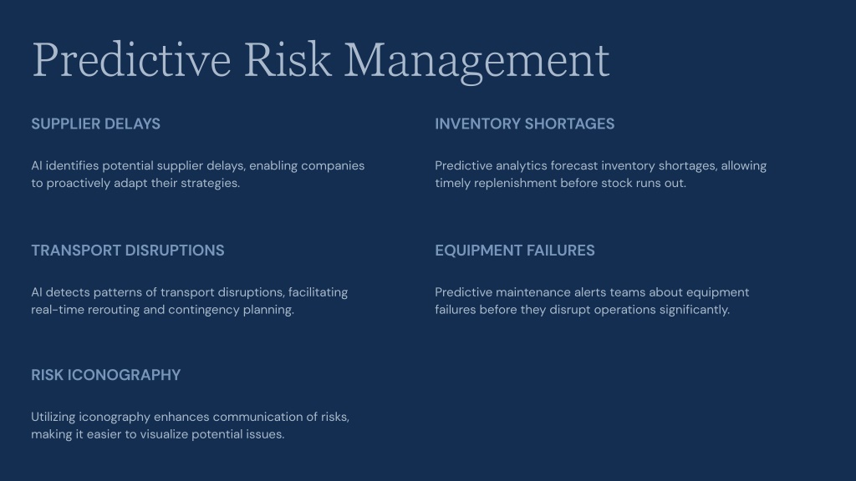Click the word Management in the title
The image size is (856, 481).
tap(476, 60)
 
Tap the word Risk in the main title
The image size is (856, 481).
tap(288, 59)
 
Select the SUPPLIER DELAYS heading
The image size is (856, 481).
tap(95, 124)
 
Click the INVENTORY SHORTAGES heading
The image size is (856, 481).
tap(525, 124)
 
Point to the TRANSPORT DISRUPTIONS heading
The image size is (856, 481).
tap(128, 251)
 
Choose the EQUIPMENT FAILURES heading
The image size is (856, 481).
tap(515, 251)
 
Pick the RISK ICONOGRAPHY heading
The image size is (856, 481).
tap(106, 375)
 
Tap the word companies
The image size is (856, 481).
tap(333, 166)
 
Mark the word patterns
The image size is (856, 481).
tap(117, 292)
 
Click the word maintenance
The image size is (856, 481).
tap(532, 292)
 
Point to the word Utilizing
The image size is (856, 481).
tap(53, 418)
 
